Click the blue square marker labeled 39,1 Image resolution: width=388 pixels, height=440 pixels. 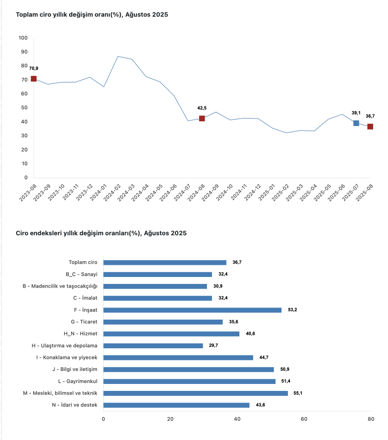coord(356,123)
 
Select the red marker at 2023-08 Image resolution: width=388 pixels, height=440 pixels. coord(34,79)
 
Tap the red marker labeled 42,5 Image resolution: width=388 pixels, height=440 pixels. coord(202,119)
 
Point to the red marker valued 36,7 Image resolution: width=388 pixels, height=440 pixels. coord(370,126)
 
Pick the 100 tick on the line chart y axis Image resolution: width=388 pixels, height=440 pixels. coord(23,38)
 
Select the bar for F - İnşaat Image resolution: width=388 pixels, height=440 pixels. coord(192,310)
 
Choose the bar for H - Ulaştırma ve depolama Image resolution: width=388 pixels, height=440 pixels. coord(153,346)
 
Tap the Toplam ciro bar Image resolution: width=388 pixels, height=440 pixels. coord(165,262)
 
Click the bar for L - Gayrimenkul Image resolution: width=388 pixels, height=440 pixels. coord(189,381)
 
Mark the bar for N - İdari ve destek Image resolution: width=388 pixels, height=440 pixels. coord(176,405)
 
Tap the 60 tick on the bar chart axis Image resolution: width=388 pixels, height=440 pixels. coord(304,419)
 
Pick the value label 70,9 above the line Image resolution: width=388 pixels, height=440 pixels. coord(34,69)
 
